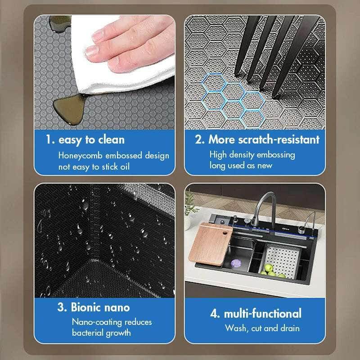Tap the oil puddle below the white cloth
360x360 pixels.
click(x=65, y=106)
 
